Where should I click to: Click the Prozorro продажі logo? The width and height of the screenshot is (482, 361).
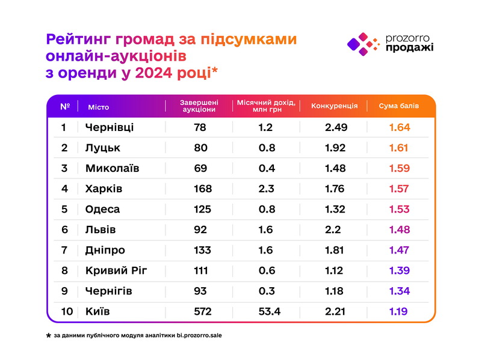click(x=390, y=44)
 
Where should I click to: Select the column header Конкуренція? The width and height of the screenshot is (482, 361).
click(x=335, y=106)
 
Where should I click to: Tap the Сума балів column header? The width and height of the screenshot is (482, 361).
click(x=398, y=106)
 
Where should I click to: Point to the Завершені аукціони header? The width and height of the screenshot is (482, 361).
click(x=199, y=106)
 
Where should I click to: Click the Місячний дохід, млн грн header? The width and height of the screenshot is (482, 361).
click(x=266, y=106)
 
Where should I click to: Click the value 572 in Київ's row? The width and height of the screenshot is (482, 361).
click(x=203, y=311)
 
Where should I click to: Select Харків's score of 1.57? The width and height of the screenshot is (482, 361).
click(x=399, y=189)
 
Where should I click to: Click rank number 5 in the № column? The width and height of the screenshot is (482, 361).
click(x=65, y=209)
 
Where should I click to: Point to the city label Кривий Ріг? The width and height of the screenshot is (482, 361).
click(x=116, y=270)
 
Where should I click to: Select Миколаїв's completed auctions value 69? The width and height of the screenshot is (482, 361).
click(x=201, y=168)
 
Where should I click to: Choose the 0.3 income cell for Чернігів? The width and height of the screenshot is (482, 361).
click(x=267, y=291)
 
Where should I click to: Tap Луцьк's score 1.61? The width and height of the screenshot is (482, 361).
click(x=399, y=148)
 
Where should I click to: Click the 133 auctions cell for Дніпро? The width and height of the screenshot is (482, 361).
click(x=203, y=250)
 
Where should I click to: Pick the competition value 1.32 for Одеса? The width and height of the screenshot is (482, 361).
click(x=335, y=209)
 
